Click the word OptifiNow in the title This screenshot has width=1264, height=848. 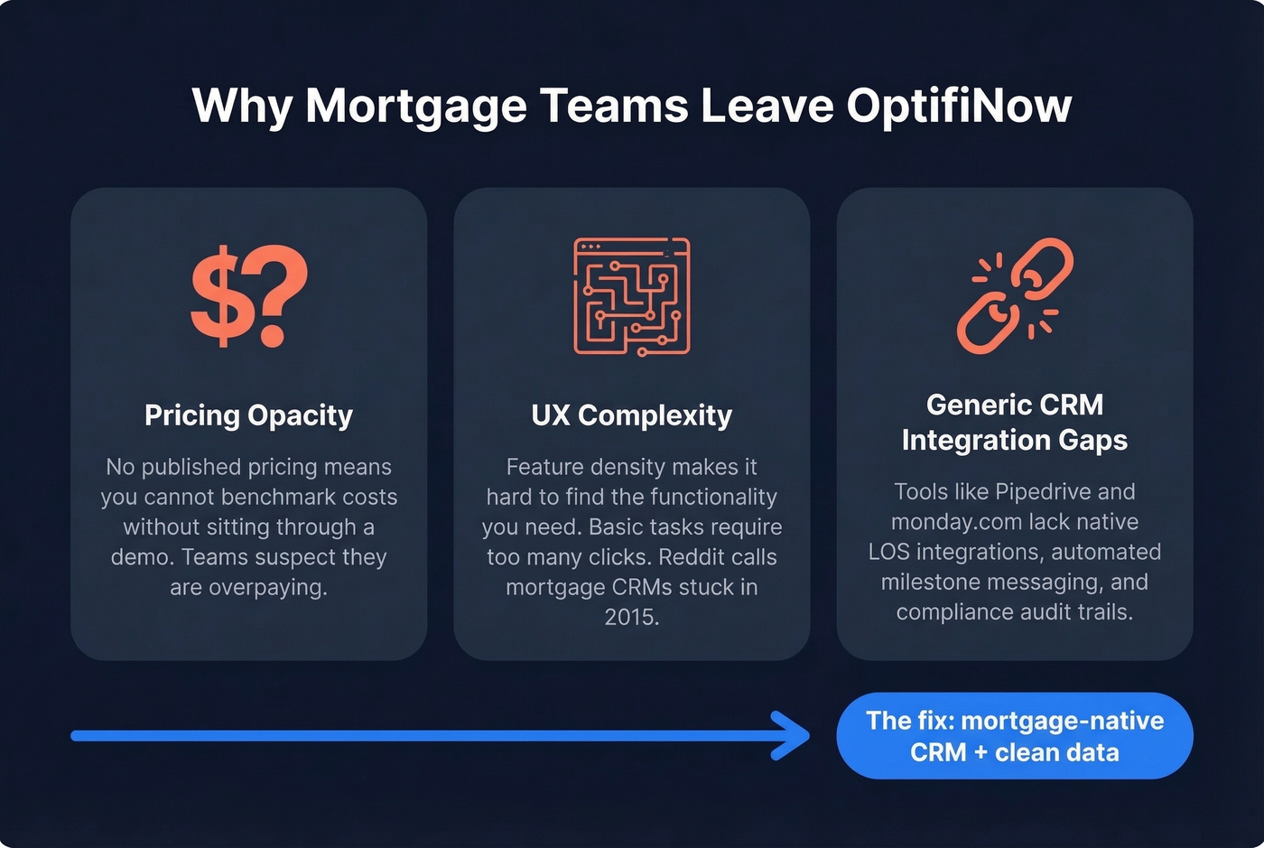(x=959, y=106)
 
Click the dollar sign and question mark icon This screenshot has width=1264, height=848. (x=249, y=296)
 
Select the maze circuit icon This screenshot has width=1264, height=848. (x=632, y=296)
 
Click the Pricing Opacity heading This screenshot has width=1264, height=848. (x=248, y=415)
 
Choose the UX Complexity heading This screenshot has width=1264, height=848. (x=632, y=415)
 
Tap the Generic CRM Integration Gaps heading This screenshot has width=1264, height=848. (x=1015, y=422)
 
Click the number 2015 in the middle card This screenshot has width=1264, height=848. (x=632, y=617)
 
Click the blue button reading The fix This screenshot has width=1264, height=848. (x=1015, y=736)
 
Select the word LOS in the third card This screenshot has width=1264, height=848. (x=889, y=552)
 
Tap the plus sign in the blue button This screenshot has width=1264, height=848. (x=980, y=752)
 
